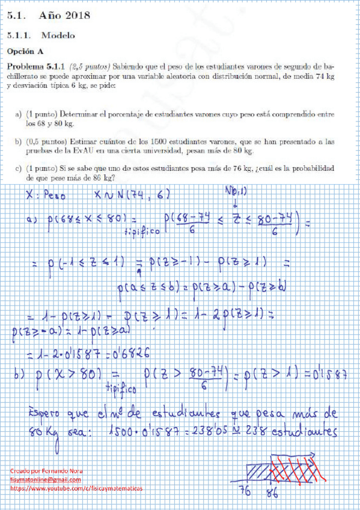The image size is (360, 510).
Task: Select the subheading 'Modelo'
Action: (x=58, y=35)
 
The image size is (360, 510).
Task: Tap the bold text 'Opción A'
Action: (x=25, y=52)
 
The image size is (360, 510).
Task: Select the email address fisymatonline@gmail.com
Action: (x=45, y=480)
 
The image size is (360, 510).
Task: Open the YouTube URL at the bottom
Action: (x=76, y=489)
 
